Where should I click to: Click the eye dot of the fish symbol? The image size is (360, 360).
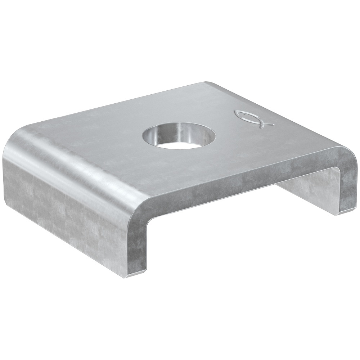coord(242,114)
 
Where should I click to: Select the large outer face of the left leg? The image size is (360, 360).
coord(65,209)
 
